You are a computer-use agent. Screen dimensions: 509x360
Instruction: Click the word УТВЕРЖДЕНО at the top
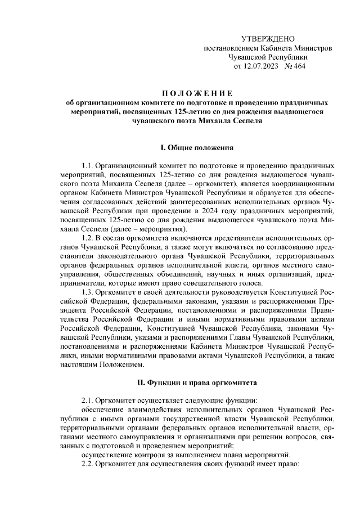tap(268, 39)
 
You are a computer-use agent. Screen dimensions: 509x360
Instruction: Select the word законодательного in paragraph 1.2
tap(115, 257)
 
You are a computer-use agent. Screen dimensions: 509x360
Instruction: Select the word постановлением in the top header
tap(227, 48)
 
